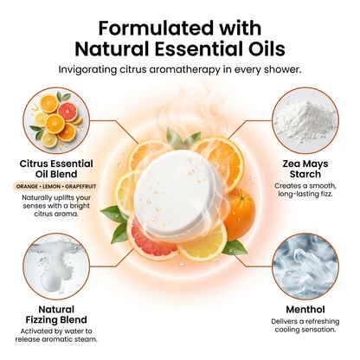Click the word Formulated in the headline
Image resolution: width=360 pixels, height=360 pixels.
coord(153,29)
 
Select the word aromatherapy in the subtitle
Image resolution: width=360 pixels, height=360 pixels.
coord(184,70)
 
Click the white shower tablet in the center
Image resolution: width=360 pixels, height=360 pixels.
coord(177,193)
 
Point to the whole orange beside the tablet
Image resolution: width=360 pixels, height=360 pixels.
coord(239,213)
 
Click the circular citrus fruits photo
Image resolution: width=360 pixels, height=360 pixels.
coord(56,120)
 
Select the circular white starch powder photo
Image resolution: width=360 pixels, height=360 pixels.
coord(305,120)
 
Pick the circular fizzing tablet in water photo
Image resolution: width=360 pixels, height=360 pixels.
coord(56,267)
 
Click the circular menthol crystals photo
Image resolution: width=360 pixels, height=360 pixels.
coord(305,267)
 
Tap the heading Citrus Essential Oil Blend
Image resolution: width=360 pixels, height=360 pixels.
coord(56,169)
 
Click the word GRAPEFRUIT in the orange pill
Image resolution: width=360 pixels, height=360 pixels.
coord(80,187)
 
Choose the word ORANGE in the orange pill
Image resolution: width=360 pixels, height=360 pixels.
coord(27,187)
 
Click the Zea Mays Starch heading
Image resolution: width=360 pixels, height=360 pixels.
coord(305,169)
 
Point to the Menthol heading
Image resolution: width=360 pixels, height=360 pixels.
coord(305,310)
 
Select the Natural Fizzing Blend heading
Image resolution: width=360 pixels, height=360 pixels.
coord(56,315)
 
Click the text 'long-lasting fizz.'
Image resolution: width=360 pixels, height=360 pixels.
coord(305,194)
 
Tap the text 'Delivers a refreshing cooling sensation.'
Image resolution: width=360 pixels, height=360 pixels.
coord(305,325)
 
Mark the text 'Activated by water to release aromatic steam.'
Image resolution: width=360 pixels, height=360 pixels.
coord(56,335)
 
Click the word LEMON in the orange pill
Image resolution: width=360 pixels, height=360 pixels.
coord(52,187)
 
